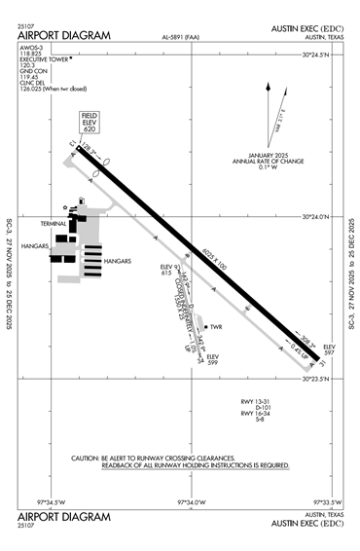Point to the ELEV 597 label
pyautogui.click(x=329, y=349)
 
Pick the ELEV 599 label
pyautogui.click(x=213, y=359)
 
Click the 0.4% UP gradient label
pyautogui.click(x=298, y=347)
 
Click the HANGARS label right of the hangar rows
pyautogui.click(x=118, y=261)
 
